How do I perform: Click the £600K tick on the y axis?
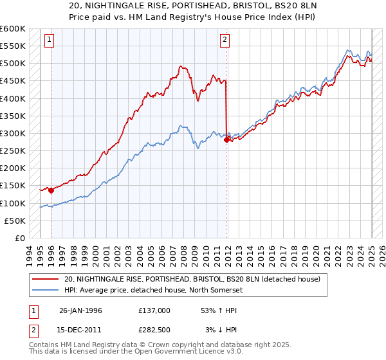tap(13, 29)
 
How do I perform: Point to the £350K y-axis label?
tap(13, 116)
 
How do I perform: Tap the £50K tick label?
tap(15, 221)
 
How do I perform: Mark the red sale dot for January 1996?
tap(51, 190)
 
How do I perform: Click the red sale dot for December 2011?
tap(226, 139)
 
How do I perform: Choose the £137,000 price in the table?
tap(154, 310)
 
